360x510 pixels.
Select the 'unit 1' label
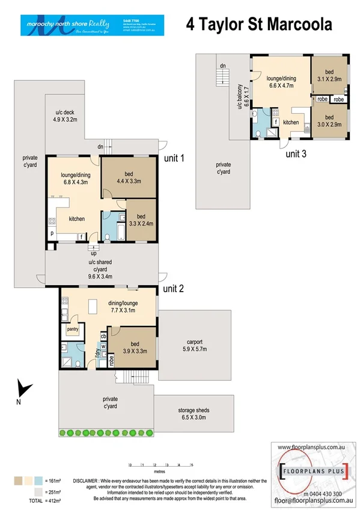pos(174,159)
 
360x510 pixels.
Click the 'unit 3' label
pos(296,153)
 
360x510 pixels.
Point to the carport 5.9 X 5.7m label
pos(195,345)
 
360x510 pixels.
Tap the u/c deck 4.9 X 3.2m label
pos(66,116)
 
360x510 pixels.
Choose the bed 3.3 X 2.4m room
pos(141,220)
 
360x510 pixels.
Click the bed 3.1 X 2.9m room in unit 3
pos(329,75)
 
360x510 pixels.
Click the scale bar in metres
pos(160,465)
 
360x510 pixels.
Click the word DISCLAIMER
pos(90,481)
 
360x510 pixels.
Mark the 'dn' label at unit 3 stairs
pos(222,65)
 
